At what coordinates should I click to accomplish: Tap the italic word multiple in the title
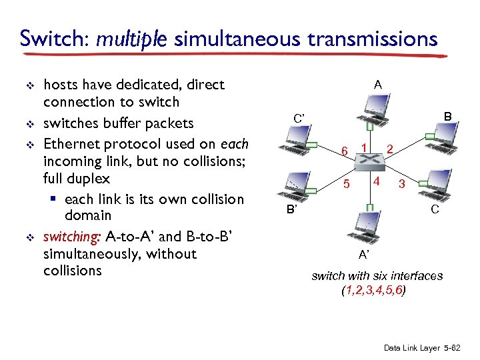pos(131,39)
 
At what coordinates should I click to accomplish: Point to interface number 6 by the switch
pos(344,151)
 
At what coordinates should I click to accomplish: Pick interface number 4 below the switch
pos(377,181)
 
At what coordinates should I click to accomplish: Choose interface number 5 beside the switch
pos(346,183)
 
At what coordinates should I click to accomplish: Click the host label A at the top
pos(377,85)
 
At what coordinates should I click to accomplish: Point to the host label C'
pos(299,119)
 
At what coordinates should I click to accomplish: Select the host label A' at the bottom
pos(363,254)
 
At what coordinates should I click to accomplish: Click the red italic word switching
pos(71,237)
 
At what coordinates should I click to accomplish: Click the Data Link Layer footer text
pos(424,348)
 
